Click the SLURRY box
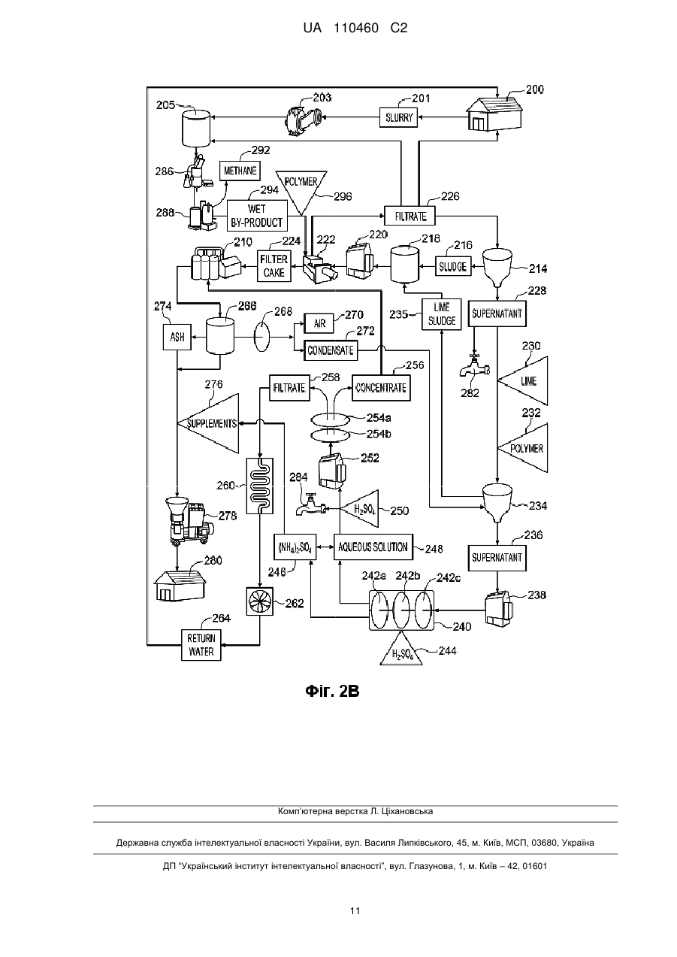[398, 117]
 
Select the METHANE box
[240, 171]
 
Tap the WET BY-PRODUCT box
[257, 216]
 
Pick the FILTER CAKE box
[274, 265]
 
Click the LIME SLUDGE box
[442, 314]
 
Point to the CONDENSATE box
[331, 350]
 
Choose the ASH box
[177, 337]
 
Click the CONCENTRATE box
[381, 388]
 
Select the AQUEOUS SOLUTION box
[373, 547]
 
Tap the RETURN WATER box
[201, 645]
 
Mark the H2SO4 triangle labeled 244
[401, 650]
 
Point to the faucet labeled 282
[473, 365]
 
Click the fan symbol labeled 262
[260, 602]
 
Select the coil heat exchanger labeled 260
[260, 486]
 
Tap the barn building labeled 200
[494, 113]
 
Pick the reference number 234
[538, 506]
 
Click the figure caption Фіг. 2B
[332, 691]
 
